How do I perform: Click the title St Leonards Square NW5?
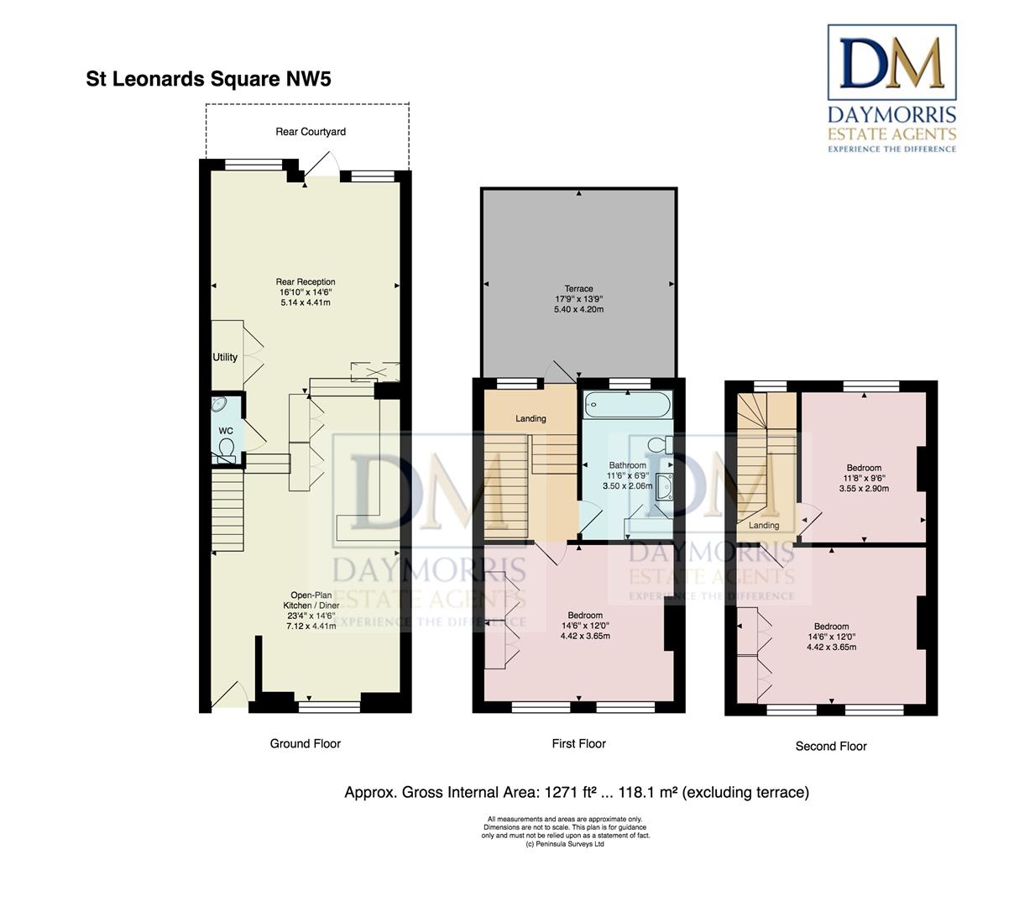point(208,79)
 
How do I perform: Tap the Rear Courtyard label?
point(311,132)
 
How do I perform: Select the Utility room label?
point(225,357)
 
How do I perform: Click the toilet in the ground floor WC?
point(227,448)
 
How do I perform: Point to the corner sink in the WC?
point(219,404)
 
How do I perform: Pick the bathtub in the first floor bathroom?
point(628,405)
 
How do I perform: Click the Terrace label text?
point(578,289)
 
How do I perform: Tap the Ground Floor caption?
point(306,744)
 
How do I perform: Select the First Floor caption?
point(578,744)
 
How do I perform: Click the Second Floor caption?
point(831,747)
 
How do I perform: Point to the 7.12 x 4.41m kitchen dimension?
point(311,626)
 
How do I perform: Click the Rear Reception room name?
point(306,282)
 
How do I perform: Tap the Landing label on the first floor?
point(531,419)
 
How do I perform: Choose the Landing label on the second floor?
point(764,526)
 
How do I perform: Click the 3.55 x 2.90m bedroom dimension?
point(864,488)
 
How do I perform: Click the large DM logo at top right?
point(892,62)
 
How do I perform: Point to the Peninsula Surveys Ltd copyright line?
point(565,844)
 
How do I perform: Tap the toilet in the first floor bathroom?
point(660,443)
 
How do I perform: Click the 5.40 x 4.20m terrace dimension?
point(578,310)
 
